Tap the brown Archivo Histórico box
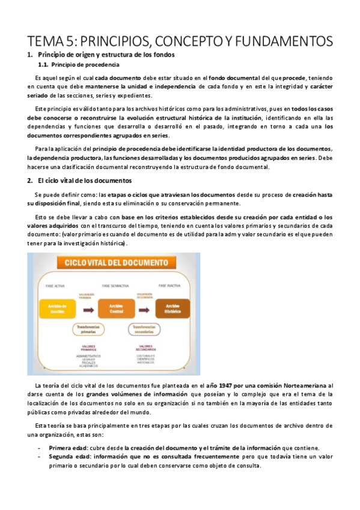point(172,309)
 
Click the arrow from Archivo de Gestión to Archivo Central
point(87,309)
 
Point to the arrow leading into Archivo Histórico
point(144,309)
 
